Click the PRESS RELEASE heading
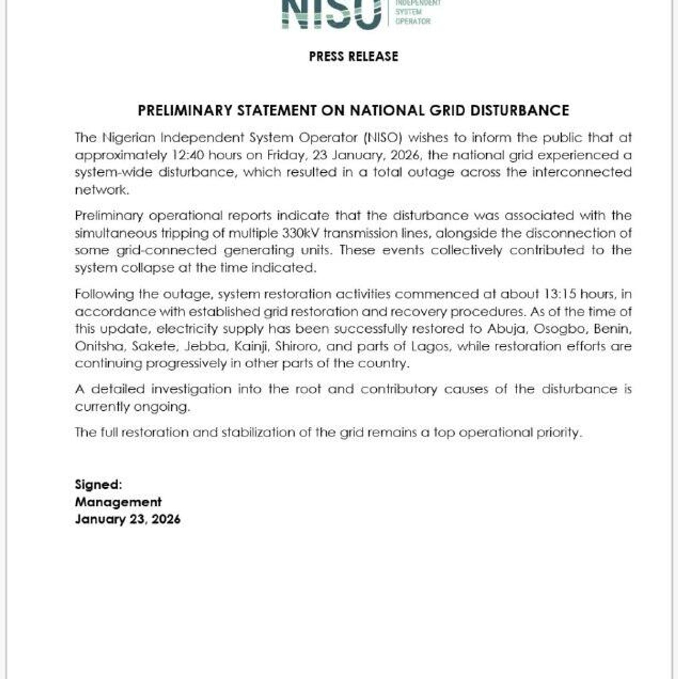coord(353,56)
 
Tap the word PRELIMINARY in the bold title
coord(185,111)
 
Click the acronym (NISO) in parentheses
coord(383,138)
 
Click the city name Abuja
coord(507,329)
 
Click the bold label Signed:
coord(99,485)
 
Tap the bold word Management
coord(118,502)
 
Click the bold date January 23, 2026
coord(127,519)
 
